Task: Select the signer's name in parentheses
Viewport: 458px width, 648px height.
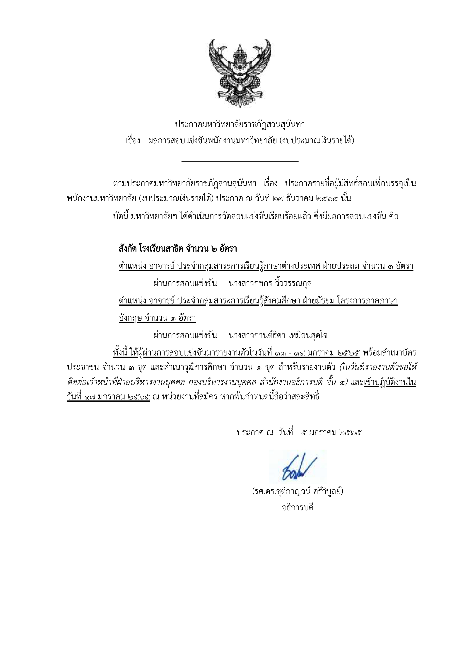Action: (298, 491)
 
